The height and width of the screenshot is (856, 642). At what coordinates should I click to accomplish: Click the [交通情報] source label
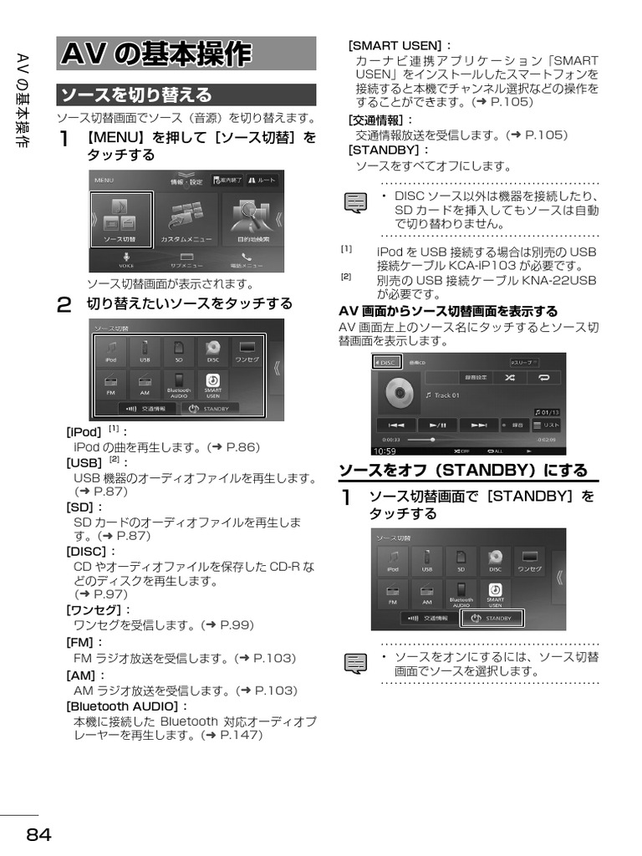(380, 120)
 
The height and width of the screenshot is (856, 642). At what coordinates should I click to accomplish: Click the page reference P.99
(235, 624)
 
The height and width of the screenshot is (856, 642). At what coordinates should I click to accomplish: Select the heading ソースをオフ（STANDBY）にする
(463, 470)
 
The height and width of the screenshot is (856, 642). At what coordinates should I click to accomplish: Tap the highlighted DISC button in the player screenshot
(385, 362)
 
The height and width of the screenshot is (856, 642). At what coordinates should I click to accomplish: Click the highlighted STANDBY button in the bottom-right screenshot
(492, 619)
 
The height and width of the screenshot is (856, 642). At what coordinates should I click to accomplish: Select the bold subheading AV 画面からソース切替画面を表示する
(447, 311)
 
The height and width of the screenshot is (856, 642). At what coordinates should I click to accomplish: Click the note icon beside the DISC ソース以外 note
(357, 202)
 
